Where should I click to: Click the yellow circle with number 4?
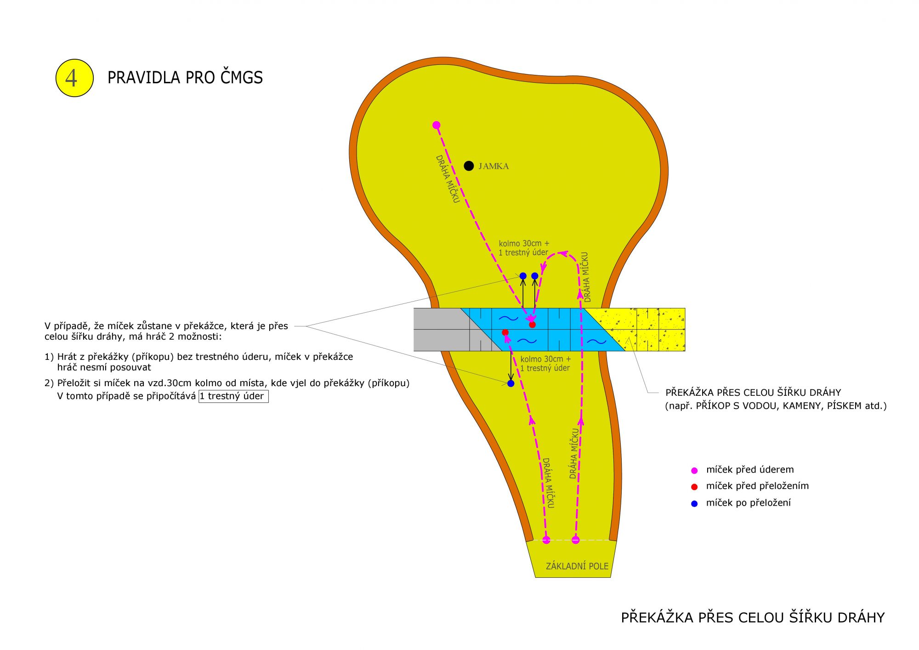click(74, 78)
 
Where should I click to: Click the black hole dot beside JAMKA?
click(469, 166)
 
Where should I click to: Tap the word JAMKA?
click(494, 166)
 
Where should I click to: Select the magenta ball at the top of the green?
click(437, 125)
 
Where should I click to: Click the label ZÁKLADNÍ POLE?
click(577, 566)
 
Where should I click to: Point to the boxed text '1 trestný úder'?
click(233, 396)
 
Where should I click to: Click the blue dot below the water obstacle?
click(511, 383)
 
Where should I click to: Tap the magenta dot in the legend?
click(694, 470)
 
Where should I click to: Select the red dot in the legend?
click(694, 487)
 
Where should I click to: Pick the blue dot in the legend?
click(694, 504)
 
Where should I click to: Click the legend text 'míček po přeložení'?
click(749, 503)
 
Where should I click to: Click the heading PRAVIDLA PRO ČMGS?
click(185, 77)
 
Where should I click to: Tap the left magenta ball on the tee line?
click(546, 540)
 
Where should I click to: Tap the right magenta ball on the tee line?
click(576, 540)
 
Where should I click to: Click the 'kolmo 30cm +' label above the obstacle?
click(524, 244)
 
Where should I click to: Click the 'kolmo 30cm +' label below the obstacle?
click(546, 359)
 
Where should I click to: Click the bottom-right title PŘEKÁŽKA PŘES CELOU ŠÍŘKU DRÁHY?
click(753, 617)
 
